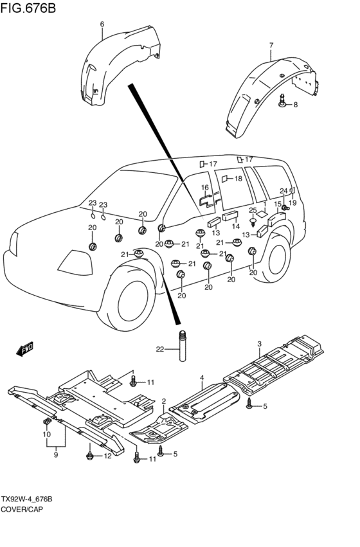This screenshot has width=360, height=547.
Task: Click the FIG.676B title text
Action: click(x=28, y=8)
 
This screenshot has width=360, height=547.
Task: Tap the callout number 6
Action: click(x=102, y=24)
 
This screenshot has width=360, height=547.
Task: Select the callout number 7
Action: click(x=271, y=45)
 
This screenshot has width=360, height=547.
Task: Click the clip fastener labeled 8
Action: click(x=283, y=100)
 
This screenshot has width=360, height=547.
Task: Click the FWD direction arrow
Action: click(x=25, y=348)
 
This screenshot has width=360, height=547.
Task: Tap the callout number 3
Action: click(x=259, y=344)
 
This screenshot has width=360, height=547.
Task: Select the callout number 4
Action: click(x=202, y=378)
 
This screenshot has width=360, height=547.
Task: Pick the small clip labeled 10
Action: click(x=46, y=422)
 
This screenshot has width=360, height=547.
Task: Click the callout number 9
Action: click(x=56, y=454)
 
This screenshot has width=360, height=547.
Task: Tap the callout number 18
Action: click(x=238, y=179)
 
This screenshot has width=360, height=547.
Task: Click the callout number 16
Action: click(x=205, y=188)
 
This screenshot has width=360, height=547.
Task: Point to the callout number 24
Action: click(x=283, y=191)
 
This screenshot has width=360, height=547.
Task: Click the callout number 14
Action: click(x=236, y=226)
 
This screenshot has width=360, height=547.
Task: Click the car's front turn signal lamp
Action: click(x=75, y=262)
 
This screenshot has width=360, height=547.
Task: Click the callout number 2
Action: click(x=163, y=401)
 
